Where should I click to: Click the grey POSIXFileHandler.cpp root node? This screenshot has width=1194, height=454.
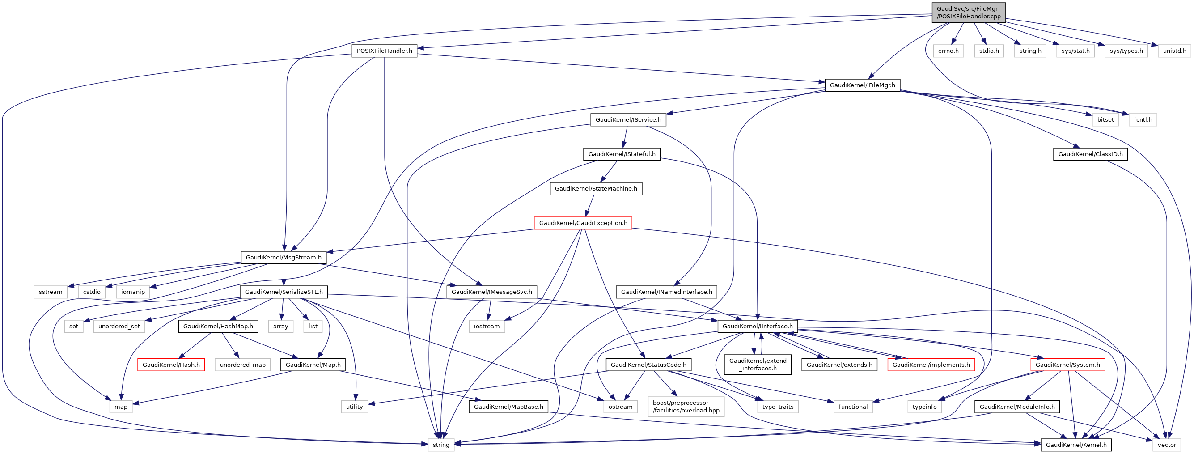968,13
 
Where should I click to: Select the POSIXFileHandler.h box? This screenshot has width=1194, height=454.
384,51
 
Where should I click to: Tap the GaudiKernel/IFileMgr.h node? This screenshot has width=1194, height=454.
862,85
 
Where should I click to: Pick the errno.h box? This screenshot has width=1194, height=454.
948,51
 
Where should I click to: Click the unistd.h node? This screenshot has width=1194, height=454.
1174,51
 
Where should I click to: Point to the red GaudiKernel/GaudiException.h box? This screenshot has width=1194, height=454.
583,223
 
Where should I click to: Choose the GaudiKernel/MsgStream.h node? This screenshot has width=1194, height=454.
283,257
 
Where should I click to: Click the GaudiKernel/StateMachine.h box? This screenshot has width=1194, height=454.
596,189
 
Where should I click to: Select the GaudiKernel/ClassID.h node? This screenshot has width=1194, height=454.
1090,154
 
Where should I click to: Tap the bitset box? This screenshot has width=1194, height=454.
1105,119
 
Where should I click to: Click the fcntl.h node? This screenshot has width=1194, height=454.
1143,119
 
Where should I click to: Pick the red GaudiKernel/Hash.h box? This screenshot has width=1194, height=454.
171,365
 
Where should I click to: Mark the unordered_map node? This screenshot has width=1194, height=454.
242,365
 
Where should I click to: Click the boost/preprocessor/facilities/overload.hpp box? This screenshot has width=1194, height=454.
686,407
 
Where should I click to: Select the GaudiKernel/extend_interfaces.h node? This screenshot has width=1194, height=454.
758,365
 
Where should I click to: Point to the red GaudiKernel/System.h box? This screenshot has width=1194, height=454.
1067,365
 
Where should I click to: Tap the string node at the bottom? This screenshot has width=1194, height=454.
441,445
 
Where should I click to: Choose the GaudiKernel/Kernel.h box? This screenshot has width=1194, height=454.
1076,445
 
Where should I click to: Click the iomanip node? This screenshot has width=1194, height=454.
133,292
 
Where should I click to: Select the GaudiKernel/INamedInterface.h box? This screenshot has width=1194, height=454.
666,292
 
